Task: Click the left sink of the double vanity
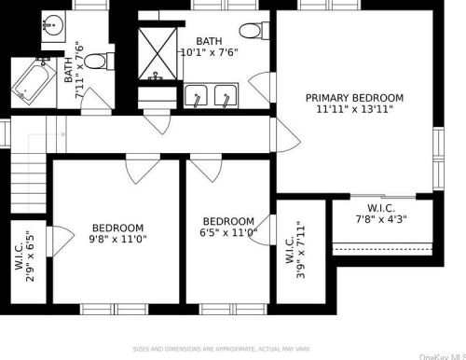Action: pos(198,96)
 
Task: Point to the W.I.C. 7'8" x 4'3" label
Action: pos(381,214)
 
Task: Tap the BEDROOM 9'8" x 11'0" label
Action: pos(117,234)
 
